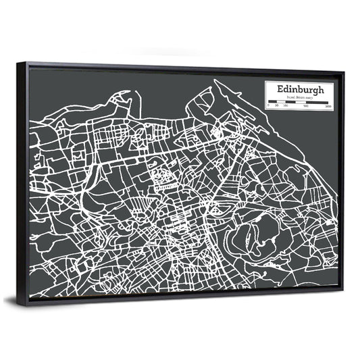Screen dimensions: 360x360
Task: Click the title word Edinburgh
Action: (299, 89)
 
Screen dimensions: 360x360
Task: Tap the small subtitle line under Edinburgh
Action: (298, 98)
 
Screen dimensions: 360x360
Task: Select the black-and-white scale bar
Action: (298, 103)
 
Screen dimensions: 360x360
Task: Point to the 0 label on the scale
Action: (268, 107)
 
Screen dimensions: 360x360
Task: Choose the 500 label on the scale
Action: (305, 107)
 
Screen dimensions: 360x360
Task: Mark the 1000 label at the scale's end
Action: (328, 107)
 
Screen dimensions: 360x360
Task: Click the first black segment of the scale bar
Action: (272, 103)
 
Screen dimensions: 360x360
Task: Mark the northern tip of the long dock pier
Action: (216, 82)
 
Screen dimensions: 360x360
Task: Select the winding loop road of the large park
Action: (250, 233)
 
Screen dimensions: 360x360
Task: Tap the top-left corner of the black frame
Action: (18, 63)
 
